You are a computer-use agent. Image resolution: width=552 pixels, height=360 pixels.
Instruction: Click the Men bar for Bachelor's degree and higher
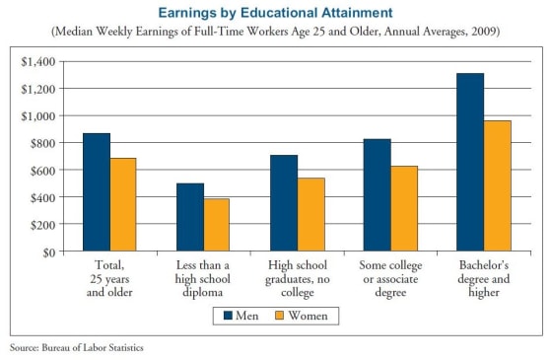click(471, 163)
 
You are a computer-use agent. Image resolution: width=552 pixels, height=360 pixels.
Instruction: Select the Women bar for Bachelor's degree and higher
click(499, 186)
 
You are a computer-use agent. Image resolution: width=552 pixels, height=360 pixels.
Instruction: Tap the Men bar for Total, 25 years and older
click(97, 192)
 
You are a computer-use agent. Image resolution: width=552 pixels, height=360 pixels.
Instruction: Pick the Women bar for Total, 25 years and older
click(123, 205)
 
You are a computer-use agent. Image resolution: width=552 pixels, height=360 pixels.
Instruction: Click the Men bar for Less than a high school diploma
click(190, 217)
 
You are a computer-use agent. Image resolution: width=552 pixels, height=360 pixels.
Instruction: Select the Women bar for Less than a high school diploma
click(217, 225)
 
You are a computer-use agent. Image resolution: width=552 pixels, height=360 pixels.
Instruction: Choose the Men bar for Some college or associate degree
click(378, 195)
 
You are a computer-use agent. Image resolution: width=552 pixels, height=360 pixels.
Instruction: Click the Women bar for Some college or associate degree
click(404, 209)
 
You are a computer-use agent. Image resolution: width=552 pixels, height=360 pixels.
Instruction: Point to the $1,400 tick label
click(38, 61)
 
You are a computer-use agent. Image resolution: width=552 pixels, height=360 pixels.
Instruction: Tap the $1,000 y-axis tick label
click(38, 115)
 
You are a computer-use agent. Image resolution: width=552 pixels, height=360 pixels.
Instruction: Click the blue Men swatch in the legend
click(226, 316)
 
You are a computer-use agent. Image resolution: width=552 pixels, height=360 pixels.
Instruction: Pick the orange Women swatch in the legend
click(277, 316)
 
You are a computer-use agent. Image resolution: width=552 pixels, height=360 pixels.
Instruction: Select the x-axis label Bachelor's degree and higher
click(485, 278)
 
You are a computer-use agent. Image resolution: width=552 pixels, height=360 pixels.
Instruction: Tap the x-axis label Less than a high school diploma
click(204, 278)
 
